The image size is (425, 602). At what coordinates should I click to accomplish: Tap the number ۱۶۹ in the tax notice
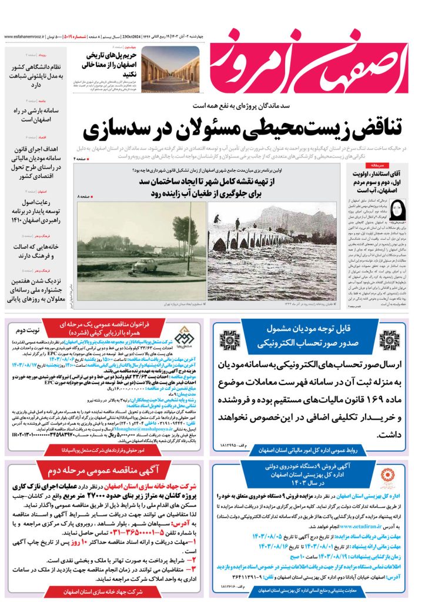[x=372, y=383]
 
